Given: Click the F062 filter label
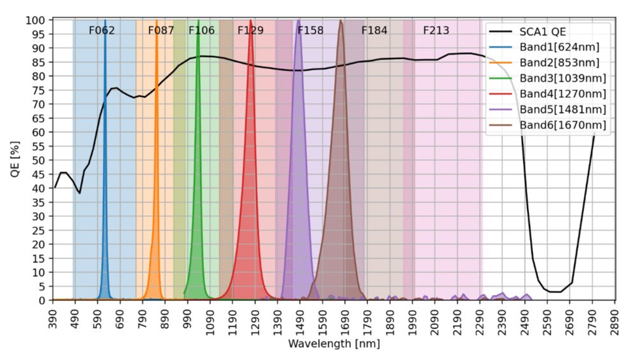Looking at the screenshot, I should (x=101, y=31).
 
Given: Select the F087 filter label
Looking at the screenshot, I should (x=161, y=31).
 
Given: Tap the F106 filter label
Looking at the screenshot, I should (x=201, y=31).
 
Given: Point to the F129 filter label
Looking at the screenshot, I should (x=250, y=31).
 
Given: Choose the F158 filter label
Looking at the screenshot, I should (x=310, y=31).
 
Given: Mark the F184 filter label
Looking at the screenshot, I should (x=374, y=31).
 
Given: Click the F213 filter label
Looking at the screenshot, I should (x=436, y=31).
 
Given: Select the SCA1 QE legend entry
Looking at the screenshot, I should (x=543, y=32).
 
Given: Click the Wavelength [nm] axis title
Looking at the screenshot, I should (x=333, y=344).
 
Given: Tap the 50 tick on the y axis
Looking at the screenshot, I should (x=40, y=160).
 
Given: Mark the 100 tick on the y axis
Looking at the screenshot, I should (x=38, y=20).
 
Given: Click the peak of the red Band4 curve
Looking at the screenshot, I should (x=251, y=21).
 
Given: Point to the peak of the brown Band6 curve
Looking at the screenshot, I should (x=341, y=21).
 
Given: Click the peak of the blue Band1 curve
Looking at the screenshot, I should (x=105, y=21).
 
